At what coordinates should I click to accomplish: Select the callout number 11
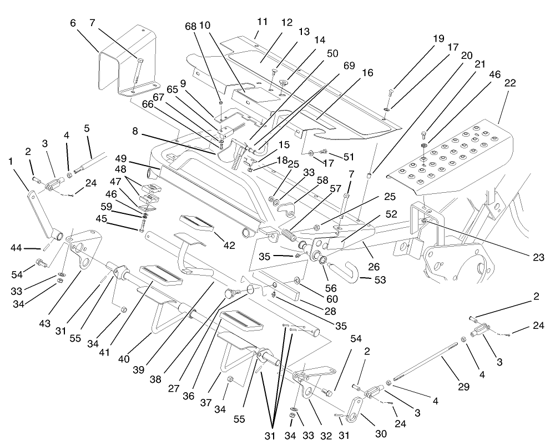tap(263, 22)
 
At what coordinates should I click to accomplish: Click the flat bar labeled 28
tap(277, 283)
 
